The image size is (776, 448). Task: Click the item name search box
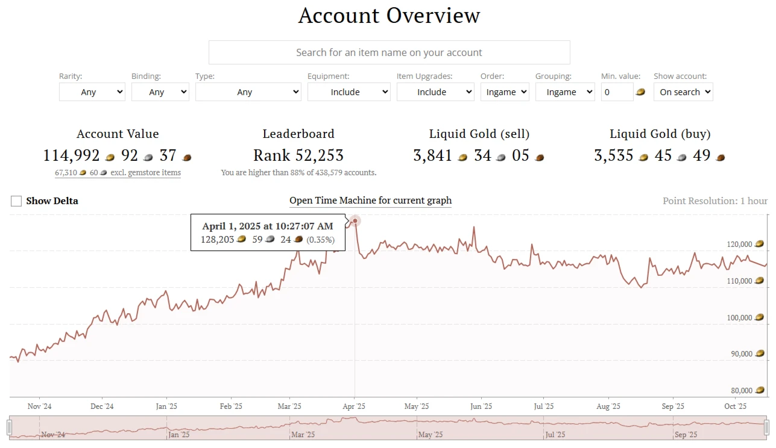point(389,52)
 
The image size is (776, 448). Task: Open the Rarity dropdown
point(92,92)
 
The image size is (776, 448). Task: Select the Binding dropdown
point(160,92)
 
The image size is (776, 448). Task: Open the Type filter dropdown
point(248,92)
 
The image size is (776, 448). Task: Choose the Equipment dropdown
point(349,92)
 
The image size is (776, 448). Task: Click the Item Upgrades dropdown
point(435,92)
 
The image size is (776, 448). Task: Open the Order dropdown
point(505,92)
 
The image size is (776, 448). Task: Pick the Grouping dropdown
point(565,92)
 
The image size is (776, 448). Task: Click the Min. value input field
point(616,92)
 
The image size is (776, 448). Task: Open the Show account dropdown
point(683,92)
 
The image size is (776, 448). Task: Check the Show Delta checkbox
point(16,201)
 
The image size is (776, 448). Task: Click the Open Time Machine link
point(370,201)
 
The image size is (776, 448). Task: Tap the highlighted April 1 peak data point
point(355,221)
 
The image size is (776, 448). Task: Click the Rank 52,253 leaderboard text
point(298,155)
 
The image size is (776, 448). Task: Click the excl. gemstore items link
point(118,173)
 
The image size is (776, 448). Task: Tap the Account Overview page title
point(389,16)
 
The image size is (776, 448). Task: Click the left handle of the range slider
point(9,428)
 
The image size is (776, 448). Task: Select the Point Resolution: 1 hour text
point(715,201)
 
